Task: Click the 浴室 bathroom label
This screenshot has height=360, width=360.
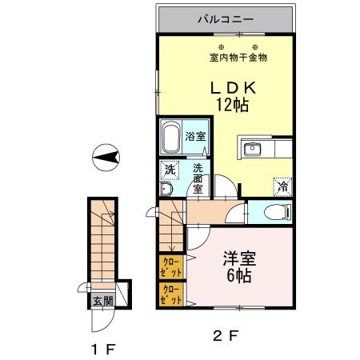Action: coord(195,136)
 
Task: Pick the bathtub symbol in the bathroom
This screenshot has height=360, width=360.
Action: coord(170,139)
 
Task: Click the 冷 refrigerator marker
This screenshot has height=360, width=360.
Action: coord(282,185)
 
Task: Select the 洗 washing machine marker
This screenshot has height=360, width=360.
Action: coord(169,170)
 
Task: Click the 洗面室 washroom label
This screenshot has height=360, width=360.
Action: coord(197,177)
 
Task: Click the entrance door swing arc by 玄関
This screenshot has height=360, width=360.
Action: coord(99,321)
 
